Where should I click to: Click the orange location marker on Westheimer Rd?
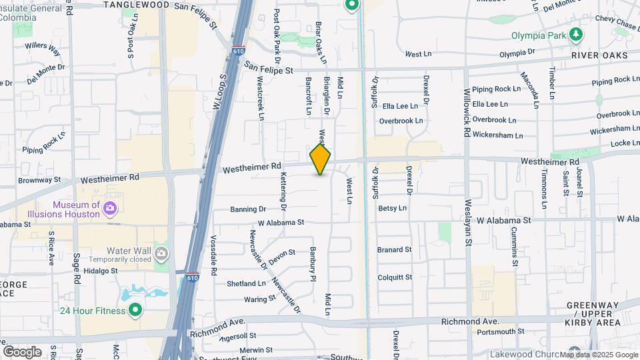coord(321,159)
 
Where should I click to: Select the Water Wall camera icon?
coord(161,253)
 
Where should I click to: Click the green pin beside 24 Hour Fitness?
coord(135,310)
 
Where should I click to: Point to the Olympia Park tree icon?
coord(575,35)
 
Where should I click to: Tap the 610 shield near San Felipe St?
coord(239,51)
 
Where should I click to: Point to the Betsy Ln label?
coord(392,208)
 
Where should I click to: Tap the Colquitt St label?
coord(395,277)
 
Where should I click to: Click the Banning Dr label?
coord(248,209)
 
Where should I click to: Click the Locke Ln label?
coord(625,143)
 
